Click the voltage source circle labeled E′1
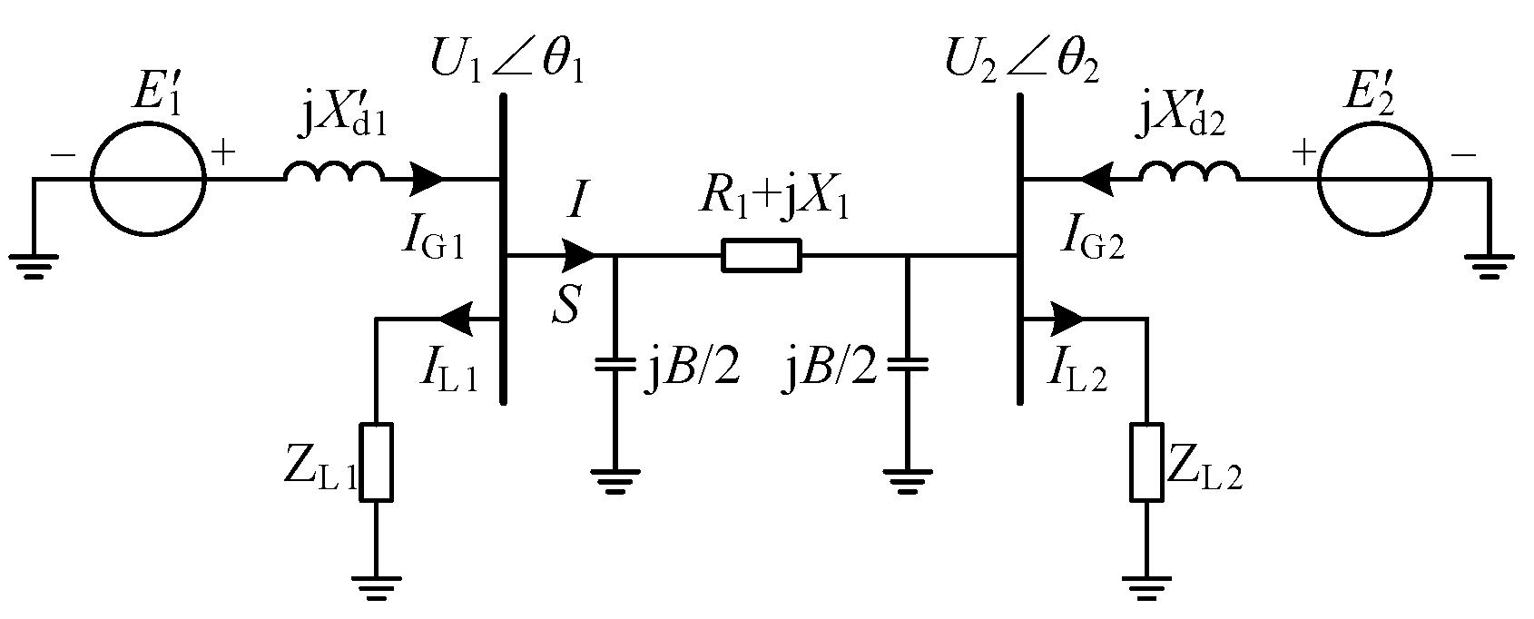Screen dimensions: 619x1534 pyautogui.click(x=148, y=179)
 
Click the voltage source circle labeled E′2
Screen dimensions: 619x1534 pyautogui.click(x=1375, y=179)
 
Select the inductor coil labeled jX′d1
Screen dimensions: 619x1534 pyautogui.click(x=334, y=172)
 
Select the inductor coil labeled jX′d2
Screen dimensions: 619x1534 pyautogui.click(x=1189, y=172)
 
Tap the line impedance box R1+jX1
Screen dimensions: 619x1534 pyautogui.click(x=762, y=256)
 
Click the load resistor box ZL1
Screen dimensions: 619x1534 pyautogui.click(x=377, y=461)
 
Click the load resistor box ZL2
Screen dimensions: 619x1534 pyautogui.click(x=1146, y=461)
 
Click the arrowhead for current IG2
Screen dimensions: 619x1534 pyautogui.click(x=1096, y=179)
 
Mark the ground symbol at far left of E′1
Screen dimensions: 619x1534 pyautogui.click(x=34, y=265)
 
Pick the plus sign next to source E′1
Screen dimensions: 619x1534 pyautogui.click(x=223, y=153)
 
